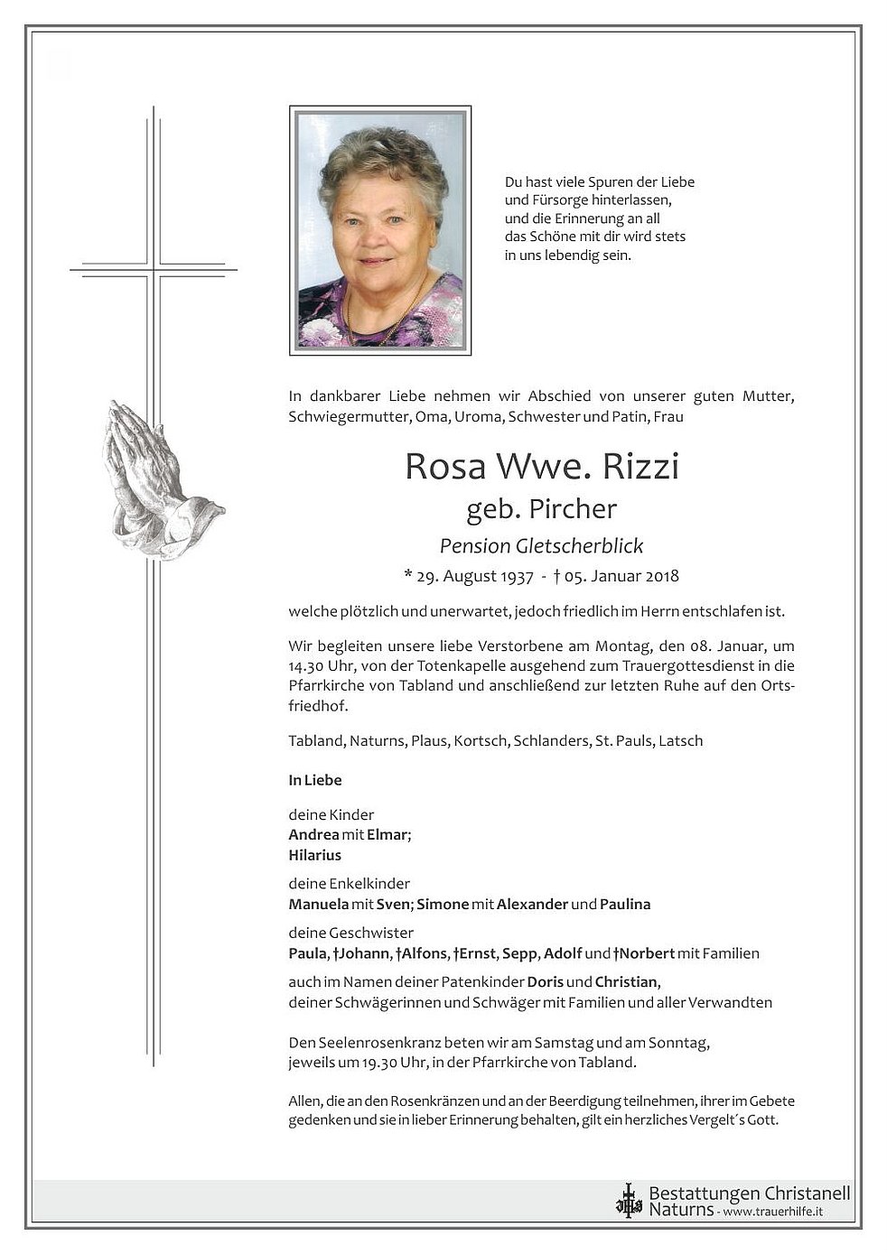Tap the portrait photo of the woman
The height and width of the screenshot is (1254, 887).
380,231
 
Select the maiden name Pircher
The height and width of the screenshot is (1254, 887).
573,509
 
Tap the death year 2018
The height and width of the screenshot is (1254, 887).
661,576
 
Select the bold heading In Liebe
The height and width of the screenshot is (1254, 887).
315,780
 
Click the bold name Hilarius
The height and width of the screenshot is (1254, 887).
315,855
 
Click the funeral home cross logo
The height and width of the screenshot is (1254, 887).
628,1200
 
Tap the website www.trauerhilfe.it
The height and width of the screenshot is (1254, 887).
772,1212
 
